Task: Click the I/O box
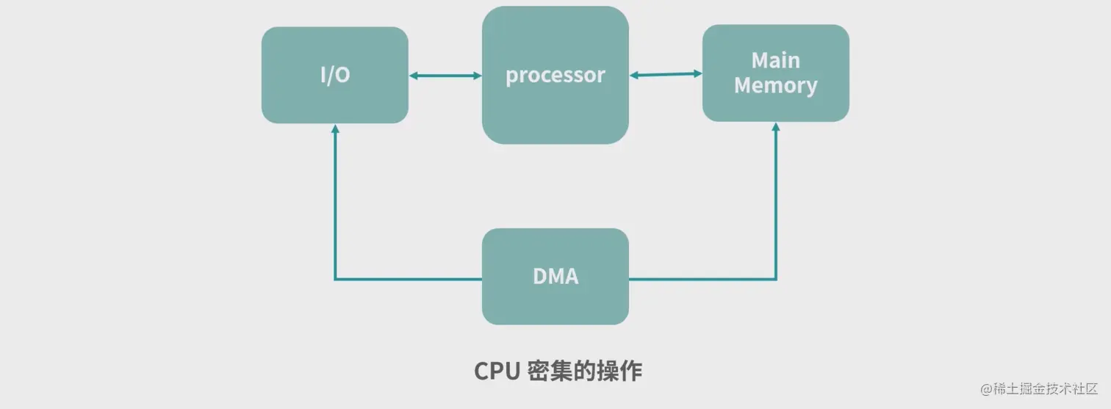click(334, 75)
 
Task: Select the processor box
click(555, 75)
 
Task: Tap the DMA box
click(555, 276)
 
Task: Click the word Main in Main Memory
click(775, 60)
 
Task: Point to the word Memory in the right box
click(775, 86)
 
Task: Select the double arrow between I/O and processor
click(445, 76)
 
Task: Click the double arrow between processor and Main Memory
click(666, 74)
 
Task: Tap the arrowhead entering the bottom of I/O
click(335, 129)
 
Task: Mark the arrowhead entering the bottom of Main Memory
click(776, 128)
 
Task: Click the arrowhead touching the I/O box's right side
click(414, 76)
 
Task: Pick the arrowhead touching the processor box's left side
click(476, 76)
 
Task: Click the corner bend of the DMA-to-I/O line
click(335, 279)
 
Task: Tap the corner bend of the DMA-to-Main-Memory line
click(776, 279)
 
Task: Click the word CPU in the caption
click(497, 371)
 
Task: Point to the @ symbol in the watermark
click(987, 389)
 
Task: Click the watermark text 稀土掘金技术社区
click(1046, 389)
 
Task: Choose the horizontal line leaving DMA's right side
click(702, 279)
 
